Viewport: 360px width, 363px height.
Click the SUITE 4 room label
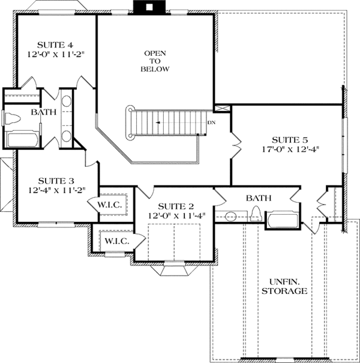pyautogui.click(x=55, y=44)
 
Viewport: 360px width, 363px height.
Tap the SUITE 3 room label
pyautogui.click(x=56, y=180)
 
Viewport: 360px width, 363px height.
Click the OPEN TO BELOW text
pyautogui.click(x=155, y=61)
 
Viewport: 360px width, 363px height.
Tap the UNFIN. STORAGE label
pyautogui.click(x=289, y=286)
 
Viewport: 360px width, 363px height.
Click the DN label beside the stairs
pyautogui.click(x=211, y=122)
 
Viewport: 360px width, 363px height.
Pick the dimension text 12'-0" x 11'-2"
pyautogui.click(x=55, y=54)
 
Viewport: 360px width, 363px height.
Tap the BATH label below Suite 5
pyautogui.click(x=258, y=197)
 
